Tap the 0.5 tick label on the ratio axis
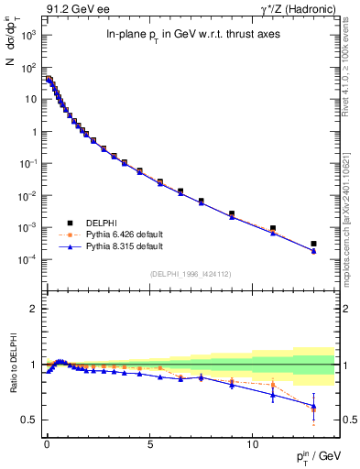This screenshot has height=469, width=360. tap(29, 420)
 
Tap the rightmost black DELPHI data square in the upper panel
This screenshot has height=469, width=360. tap(313, 244)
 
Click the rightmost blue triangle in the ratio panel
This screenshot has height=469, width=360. tap(313, 406)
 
